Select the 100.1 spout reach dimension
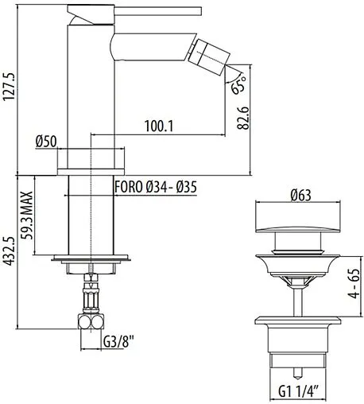[x=161, y=126]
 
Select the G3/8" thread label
[x=116, y=343]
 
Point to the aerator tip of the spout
[x=211, y=57]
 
